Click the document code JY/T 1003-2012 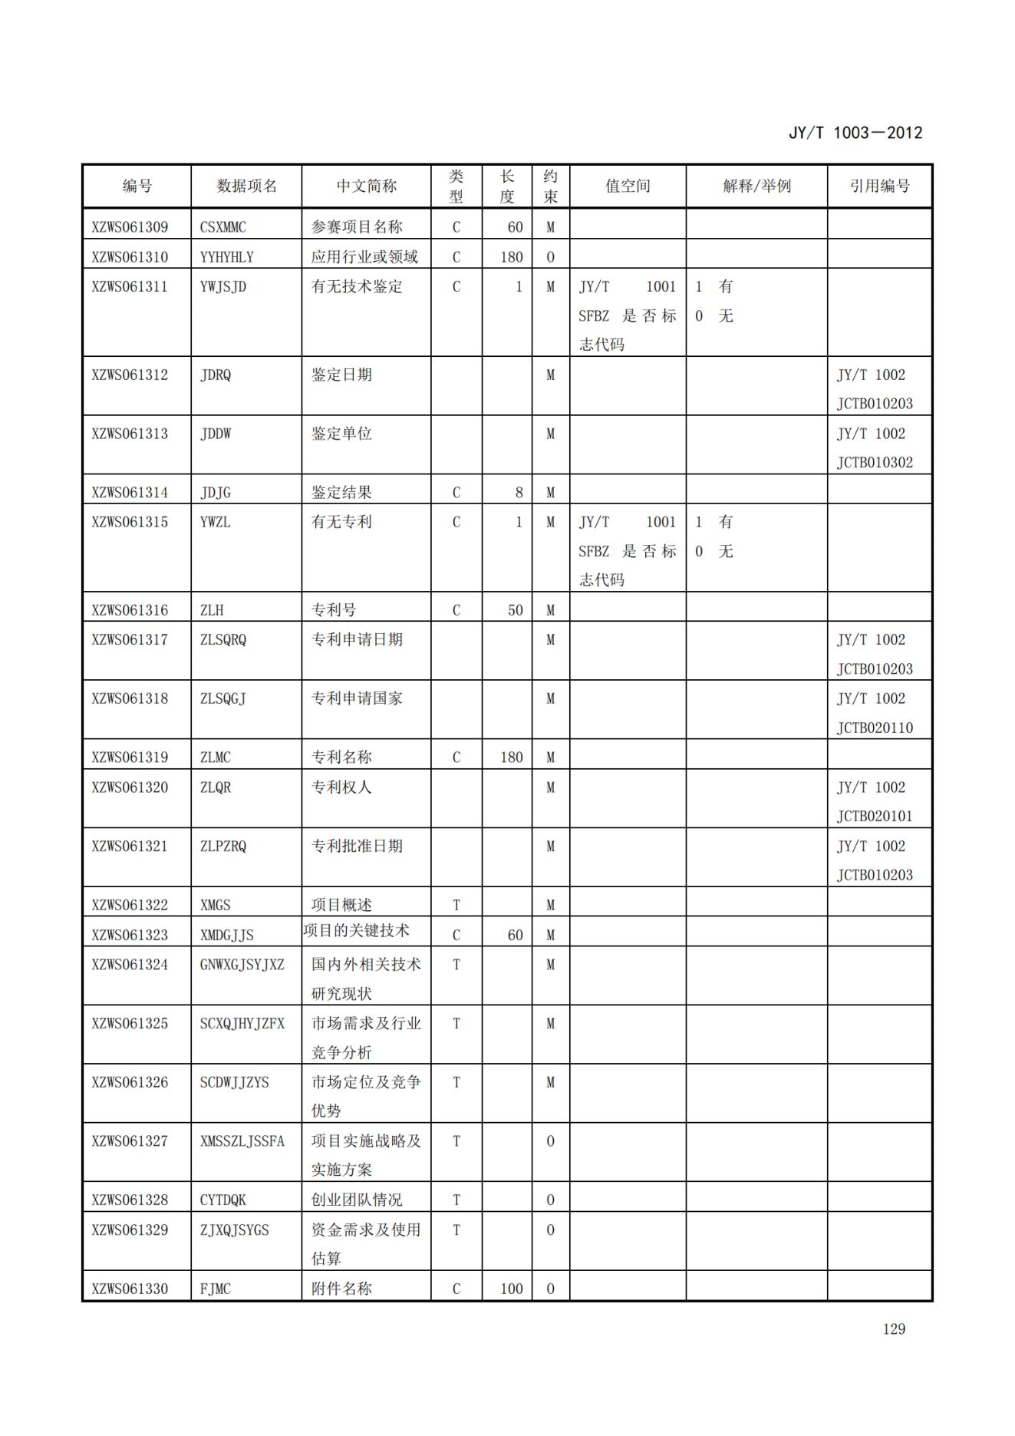(855, 133)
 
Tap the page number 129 (894, 1329)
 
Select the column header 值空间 (628, 186)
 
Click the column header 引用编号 (879, 186)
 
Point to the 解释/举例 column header (756, 186)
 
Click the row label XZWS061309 (130, 227)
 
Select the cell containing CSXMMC (223, 227)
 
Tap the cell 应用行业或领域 (364, 257)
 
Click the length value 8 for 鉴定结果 (519, 493)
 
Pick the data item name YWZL (216, 522)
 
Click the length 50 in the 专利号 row (515, 610)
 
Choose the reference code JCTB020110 (875, 728)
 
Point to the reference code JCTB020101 (875, 816)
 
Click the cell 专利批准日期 (357, 846)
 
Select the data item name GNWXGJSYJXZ (242, 964)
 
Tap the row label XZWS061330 (130, 1289)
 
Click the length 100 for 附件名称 (511, 1289)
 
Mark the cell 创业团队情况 (357, 1200)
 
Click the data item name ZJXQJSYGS (235, 1230)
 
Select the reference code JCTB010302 (875, 462)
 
